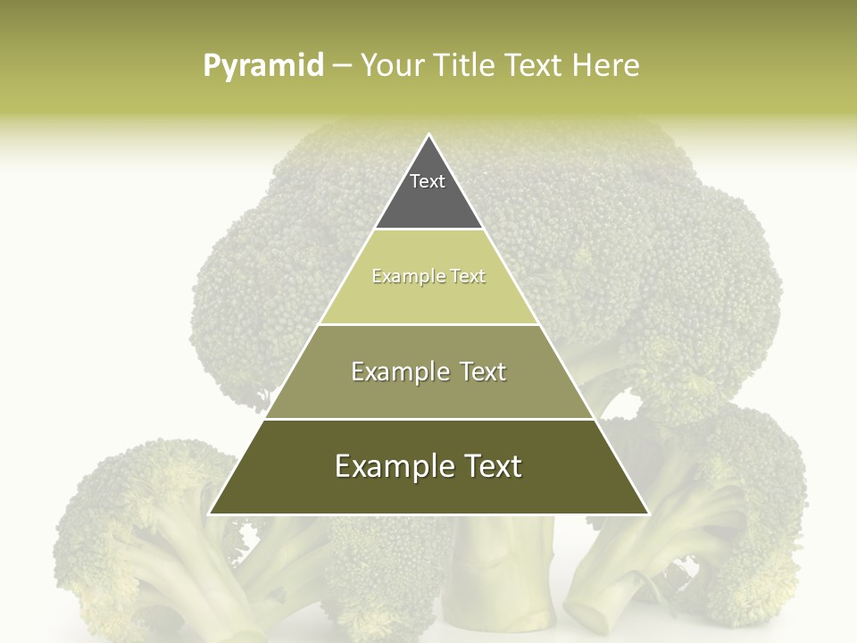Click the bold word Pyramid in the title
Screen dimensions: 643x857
(263, 66)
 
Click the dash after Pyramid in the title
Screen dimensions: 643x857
(342, 67)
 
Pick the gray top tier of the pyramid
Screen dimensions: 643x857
(428, 192)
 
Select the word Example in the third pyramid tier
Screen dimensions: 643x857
(397, 372)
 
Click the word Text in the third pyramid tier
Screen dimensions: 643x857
(483, 372)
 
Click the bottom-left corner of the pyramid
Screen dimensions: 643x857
(211, 514)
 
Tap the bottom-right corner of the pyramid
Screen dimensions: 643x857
(647, 514)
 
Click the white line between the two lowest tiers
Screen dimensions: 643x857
(428, 419)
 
